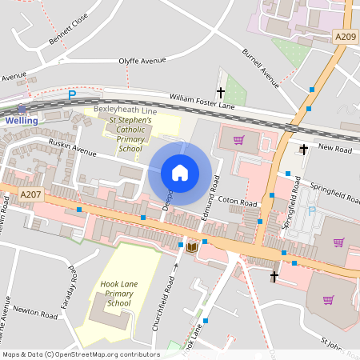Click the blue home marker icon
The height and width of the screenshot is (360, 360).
coord(180,172)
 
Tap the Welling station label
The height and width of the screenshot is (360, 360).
coord(21,120)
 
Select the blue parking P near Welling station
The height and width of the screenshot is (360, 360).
coord(71,95)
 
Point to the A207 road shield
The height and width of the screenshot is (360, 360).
coord(30,194)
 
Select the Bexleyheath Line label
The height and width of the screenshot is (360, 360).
coord(126,108)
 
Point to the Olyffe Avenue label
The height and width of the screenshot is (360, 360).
coord(142,60)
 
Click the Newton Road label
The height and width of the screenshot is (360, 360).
coord(38,316)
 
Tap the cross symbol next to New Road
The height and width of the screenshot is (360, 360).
coord(304,149)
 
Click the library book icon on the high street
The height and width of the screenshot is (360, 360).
coord(192,247)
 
